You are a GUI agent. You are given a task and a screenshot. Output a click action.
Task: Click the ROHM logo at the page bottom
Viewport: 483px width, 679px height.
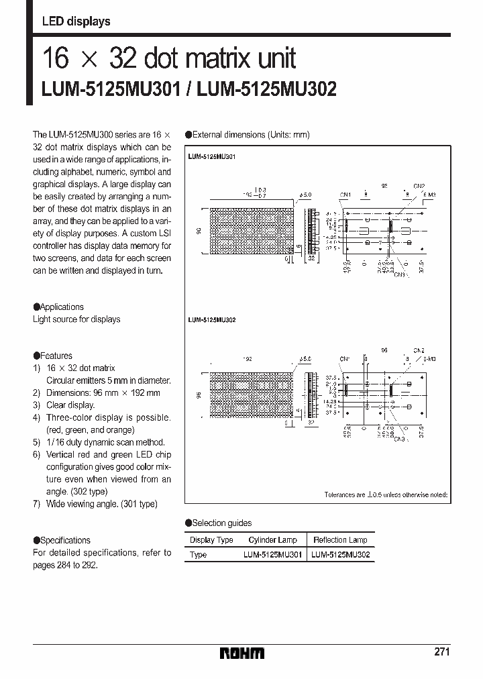pyautogui.click(x=242, y=653)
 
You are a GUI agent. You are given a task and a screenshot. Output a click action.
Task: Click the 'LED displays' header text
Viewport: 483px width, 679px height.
pyautogui.click(x=76, y=21)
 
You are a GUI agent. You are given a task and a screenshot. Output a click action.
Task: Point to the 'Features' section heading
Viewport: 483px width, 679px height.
pyautogui.click(x=56, y=356)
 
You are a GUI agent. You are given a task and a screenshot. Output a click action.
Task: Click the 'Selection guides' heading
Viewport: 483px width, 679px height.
pyautogui.click(x=221, y=523)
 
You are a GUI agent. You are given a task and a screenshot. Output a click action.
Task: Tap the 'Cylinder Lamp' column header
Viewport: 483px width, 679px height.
pyautogui.click(x=272, y=540)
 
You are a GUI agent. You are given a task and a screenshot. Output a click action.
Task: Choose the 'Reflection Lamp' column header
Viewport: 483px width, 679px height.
pyautogui.click(x=339, y=540)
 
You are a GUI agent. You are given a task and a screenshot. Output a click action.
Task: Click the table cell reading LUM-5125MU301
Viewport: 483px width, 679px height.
pyautogui.click(x=272, y=555)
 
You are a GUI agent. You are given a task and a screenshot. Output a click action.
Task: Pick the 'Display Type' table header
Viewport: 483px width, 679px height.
pyautogui.click(x=211, y=540)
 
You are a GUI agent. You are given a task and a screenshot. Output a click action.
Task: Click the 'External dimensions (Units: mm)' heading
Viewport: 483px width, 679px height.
pyautogui.click(x=250, y=135)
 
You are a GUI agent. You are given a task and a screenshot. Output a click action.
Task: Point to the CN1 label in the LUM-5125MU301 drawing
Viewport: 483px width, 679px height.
pyautogui.click(x=345, y=195)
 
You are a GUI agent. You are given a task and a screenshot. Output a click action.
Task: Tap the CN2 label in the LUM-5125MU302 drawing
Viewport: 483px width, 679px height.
pyautogui.click(x=419, y=350)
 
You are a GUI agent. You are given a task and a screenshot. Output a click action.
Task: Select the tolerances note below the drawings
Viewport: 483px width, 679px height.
pyautogui.click(x=386, y=494)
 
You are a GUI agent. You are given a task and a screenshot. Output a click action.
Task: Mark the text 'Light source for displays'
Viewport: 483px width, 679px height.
pyautogui.click(x=76, y=319)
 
